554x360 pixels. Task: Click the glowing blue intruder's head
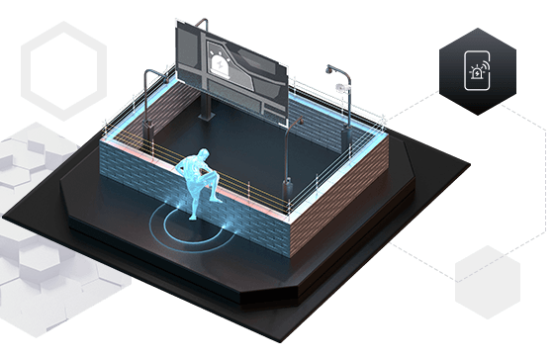(202, 155)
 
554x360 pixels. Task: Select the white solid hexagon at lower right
(489, 282)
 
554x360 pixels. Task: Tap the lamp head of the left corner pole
(149, 71)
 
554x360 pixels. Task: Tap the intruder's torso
(203, 173)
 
